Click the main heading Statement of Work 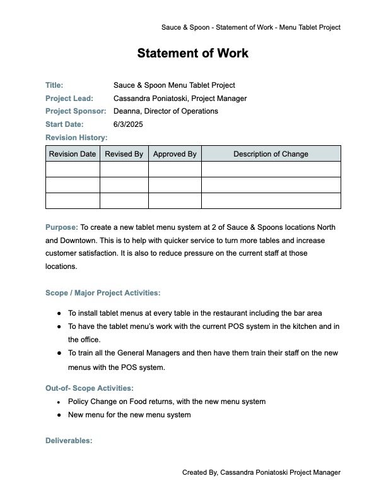pos(192,53)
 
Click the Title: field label pos(54,85)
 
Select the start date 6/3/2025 pos(128,124)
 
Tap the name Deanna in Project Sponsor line pos(127,111)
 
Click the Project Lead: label pos(69,98)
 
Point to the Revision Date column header pos(73,154)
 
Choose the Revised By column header pos(124,154)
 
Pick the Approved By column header pos(175,154)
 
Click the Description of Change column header pos(271,154)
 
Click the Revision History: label pos(76,138)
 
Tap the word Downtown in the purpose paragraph pos(64,241)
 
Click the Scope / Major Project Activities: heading pos(103,293)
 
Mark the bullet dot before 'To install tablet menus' pos(59,313)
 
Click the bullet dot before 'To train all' pos(59,354)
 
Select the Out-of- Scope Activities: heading pos(89,388)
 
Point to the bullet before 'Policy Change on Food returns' pos(59,402)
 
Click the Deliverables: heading pos(69,441)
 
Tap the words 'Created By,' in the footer pos(200,472)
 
